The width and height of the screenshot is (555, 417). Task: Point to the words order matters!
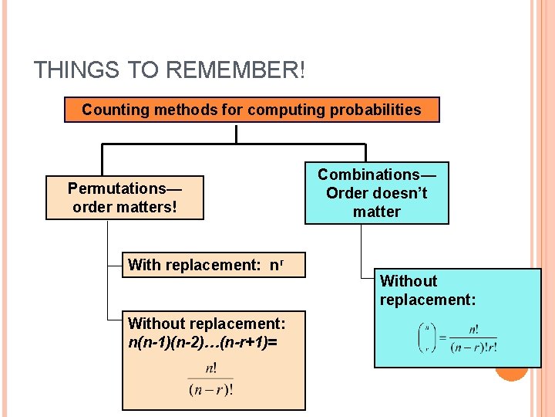[x=125, y=207]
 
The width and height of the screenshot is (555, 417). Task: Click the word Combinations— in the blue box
[x=376, y=175]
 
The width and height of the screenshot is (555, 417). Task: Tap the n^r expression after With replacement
[x=274, y=265]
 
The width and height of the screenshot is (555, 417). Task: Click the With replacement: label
[x=194, y=265]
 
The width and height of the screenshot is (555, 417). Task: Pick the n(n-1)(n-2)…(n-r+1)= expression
[x=203, y=341]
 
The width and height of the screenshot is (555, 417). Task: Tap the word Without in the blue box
[x=409, y=281]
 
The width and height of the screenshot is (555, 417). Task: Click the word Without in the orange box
[x=156, y=323]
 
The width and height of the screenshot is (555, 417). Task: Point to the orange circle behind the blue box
[x=511, y=373]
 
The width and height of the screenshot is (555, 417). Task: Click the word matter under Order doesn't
[x=376, y=212]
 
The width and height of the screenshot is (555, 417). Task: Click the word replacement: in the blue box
[x=428, y=300]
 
